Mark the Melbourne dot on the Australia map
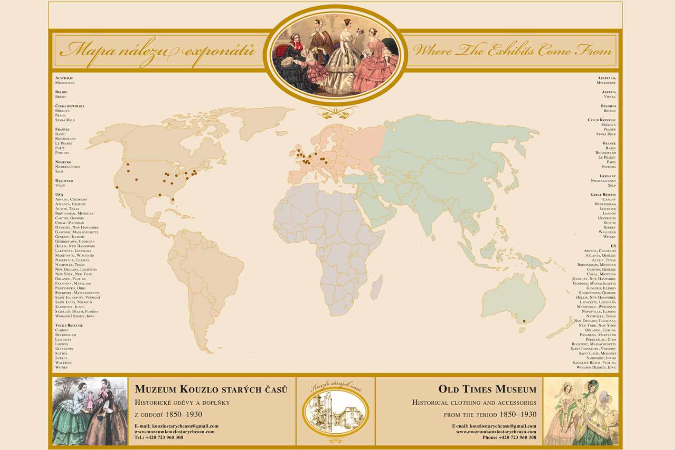pyautogui.click(x=524, y=321)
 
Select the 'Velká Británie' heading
pyautogui.click(x=69, y=325)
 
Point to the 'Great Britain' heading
pyautogui.click(x=603, y=195)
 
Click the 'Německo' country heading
pyautogui.click(x=63, y=162)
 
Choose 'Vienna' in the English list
pyautogui.click(x=610, y=97)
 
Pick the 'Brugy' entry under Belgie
pyautogui.click(x=61, y=97)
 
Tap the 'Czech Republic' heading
pyautogui.click(x=602, y=120)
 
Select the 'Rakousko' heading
pyautogui.click(x=64, y=181)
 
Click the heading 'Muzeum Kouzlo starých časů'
pyautogui.click(x=211, y=389)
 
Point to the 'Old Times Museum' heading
pyautogui.click(x=487, y=389)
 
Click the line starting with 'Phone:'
pyautogui.click(x=509, y=437)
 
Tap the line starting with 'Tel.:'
pyautogui.click(x=159, y=437)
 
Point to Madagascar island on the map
pyautogui.click(x=376, y=289)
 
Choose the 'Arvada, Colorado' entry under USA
pyautogui.click(x=71, y=200)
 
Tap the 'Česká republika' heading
pyautogui.click(x=70, y=106)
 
